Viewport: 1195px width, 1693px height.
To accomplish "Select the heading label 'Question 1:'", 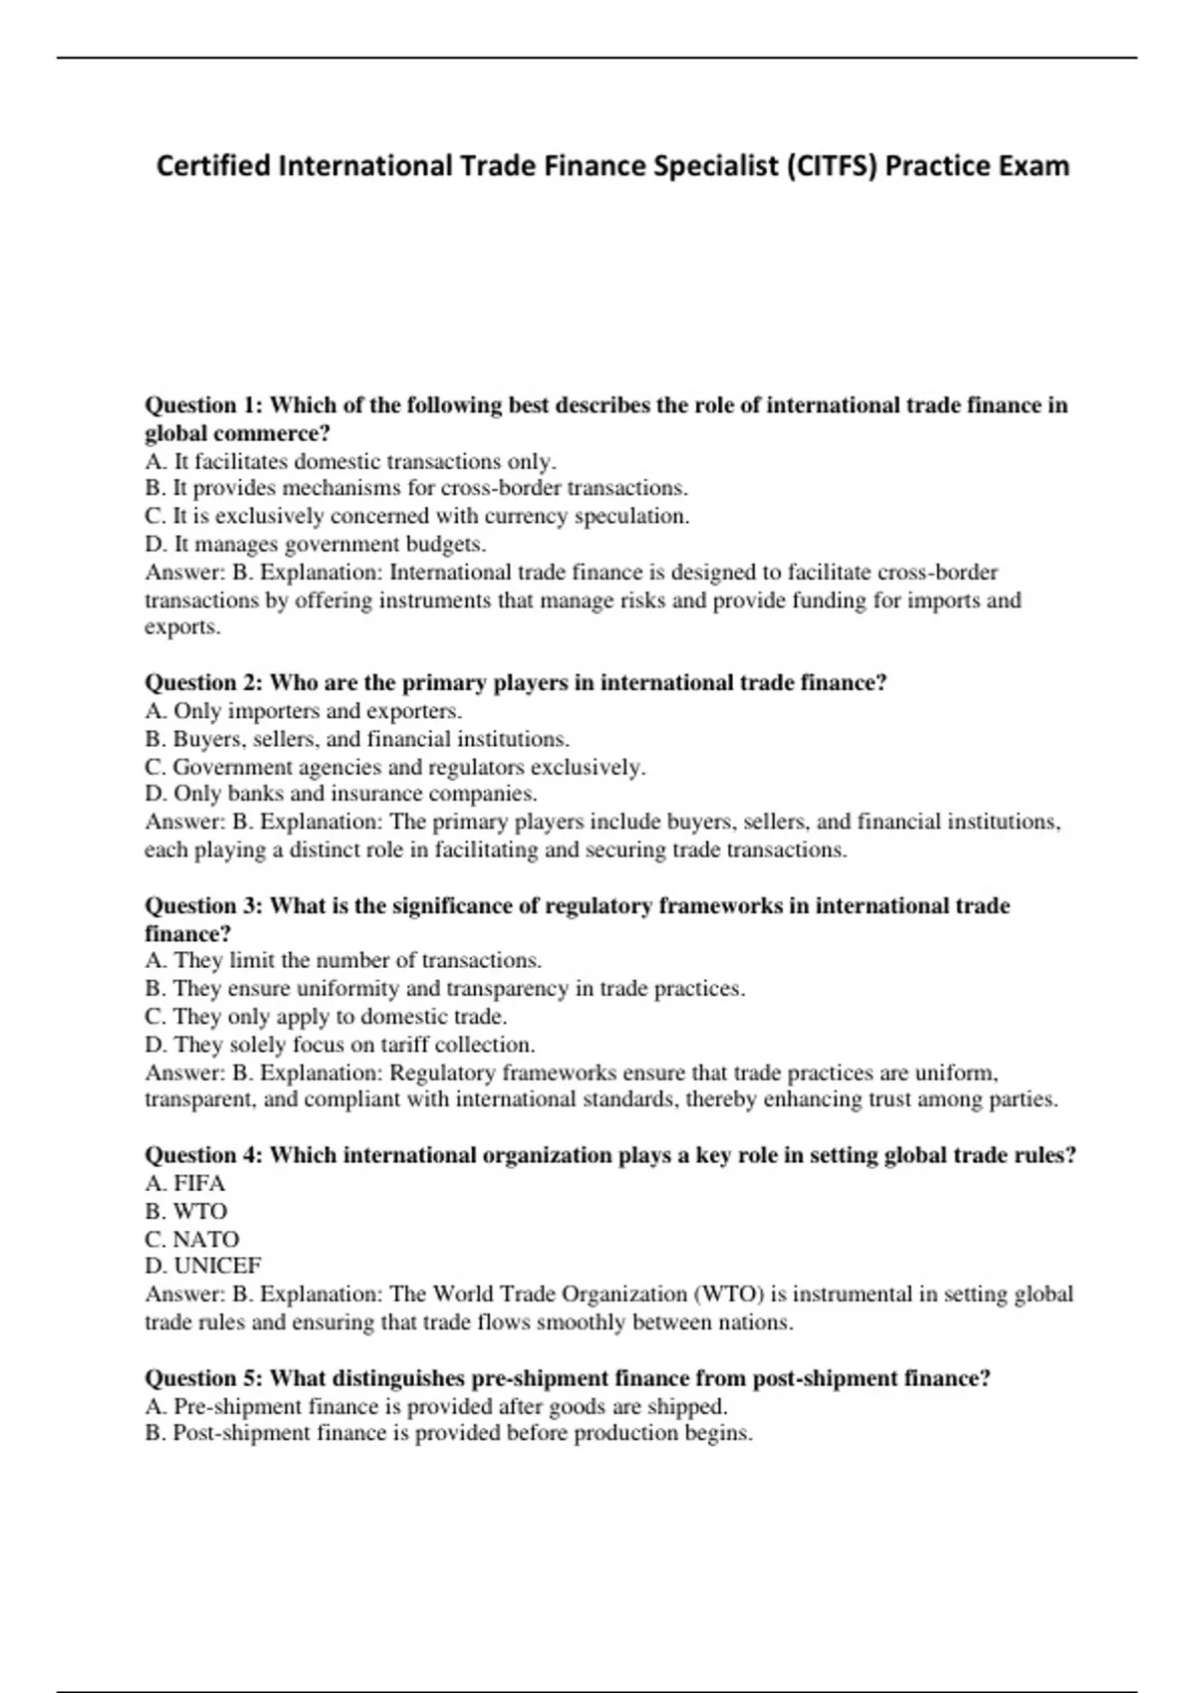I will click(x=203, y=405).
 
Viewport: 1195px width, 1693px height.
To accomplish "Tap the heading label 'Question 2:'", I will click(x=203, y=683).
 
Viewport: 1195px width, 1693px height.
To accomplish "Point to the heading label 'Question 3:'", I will click(x=203, y=906).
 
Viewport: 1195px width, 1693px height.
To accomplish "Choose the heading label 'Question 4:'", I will click(x=203, y=1155).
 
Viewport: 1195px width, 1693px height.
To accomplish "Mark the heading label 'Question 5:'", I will click(x=203, y=1378).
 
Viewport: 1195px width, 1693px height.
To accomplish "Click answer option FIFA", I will click(x=199, y=1183).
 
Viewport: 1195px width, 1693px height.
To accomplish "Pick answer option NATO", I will click(x=205, y=1239).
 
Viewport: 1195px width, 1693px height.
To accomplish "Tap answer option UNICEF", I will click(x=217, y=1266).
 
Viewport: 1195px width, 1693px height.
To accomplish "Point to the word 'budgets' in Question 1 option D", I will click(x=445, y=545).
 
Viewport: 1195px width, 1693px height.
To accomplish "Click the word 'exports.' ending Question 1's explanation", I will click(x=182, y=627).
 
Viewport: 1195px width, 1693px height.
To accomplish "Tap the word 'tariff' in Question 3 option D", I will click(x=404, y=1045).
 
